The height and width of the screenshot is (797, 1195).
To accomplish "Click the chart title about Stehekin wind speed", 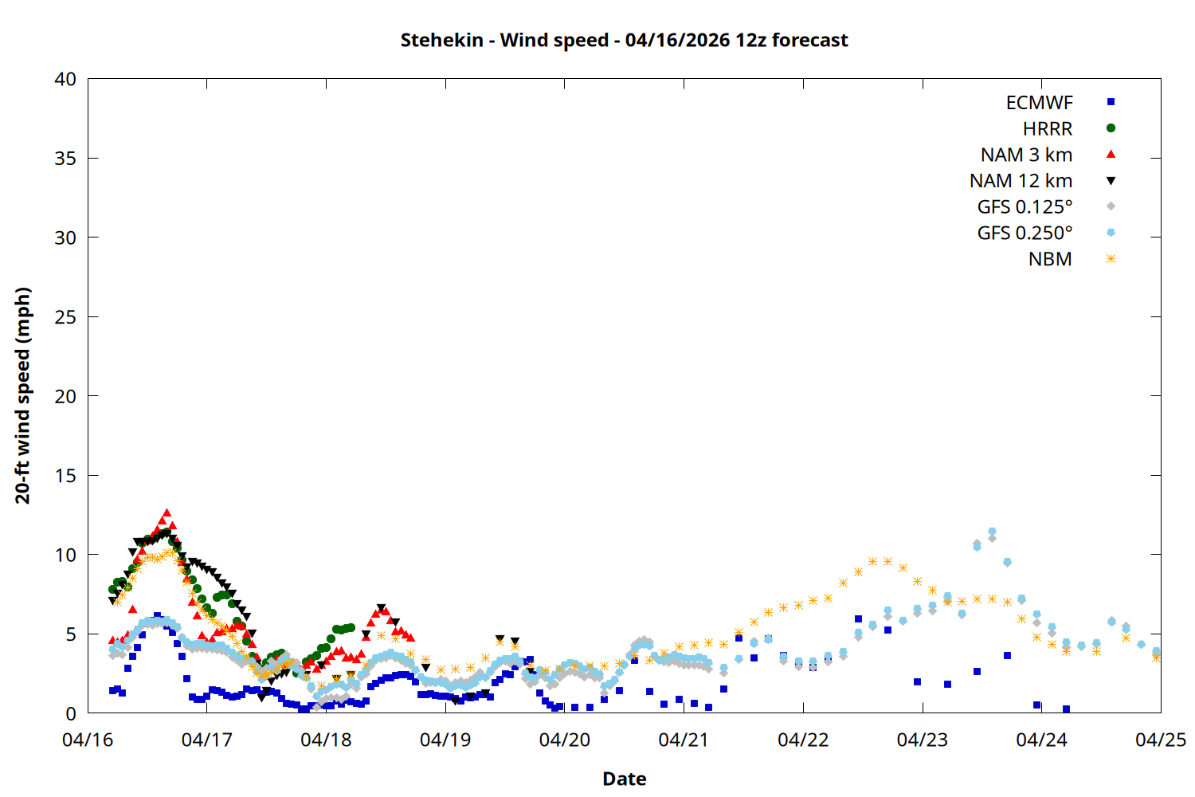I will (x=624, y=40).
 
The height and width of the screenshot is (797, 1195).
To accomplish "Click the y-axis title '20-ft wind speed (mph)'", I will (x=23, y=395).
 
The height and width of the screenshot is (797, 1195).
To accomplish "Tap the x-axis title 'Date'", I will (x=624, y=779).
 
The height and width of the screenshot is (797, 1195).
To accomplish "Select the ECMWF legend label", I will (x=1039, y=103).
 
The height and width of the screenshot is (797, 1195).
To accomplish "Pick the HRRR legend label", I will (x=1048, y=129).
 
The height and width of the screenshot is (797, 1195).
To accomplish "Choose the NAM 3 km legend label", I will (x=1026, y=155).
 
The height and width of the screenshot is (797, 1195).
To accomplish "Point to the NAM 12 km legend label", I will (x=1021, y=181).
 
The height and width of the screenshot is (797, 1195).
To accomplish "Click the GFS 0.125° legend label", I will (x=1025, y=207).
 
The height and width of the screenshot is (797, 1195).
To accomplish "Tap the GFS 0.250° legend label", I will (x=1025, y=233).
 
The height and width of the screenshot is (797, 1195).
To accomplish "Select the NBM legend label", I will (x=1050, y=259).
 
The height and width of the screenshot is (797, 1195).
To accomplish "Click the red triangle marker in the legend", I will (x=1111, y=154).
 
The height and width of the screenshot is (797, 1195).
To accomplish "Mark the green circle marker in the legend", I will (x=1111, y=128).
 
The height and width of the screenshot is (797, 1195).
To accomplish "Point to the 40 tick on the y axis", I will (x=66, y=79).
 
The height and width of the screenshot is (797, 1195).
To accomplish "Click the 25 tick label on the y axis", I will (x=66, y=316).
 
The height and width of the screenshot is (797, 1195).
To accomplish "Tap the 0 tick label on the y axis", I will (x=71, y=713).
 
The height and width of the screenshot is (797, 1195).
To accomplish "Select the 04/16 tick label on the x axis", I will (x=88, y=740).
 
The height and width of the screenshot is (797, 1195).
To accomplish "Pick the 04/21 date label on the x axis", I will (x=684, y=740).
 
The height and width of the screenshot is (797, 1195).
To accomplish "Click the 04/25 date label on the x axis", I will (x=1160, y=740).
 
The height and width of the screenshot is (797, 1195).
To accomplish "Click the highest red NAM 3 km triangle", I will (x=167, y=513).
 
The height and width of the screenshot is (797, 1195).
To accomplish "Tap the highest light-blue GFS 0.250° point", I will (x=992, y=532).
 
